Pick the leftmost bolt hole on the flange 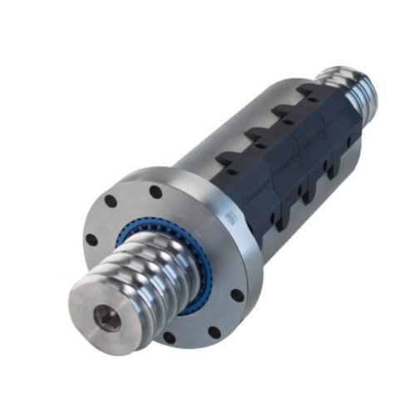[92, 240]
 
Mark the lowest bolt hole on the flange [170, 338]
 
